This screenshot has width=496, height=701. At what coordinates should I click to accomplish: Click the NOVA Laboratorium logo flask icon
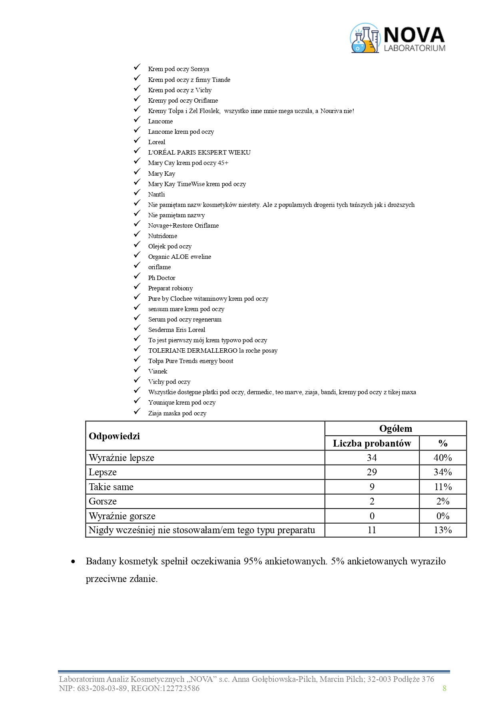tap(365, 39)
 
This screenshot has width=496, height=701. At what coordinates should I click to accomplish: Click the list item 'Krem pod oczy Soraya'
tap(178, 69)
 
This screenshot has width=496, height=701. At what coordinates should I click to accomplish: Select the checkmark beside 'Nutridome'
tap(137, 234)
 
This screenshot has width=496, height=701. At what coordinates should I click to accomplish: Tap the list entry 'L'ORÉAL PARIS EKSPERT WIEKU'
tap(199, 152)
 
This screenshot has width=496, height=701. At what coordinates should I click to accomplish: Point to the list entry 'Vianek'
tap(157, 371)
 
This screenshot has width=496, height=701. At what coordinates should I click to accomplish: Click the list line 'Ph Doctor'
tap(161, 278)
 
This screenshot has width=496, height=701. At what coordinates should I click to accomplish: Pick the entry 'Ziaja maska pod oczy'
tap(177, 413)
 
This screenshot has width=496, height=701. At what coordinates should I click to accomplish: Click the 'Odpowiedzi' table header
tap(114, 436)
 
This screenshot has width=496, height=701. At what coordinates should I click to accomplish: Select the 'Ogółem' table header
tap(395, 429)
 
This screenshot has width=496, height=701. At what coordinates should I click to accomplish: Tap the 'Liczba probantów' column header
tap(372, 443)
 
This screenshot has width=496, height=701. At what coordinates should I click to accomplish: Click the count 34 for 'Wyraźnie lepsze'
tap(372, 458)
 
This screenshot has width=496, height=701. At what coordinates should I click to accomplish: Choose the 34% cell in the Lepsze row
tap(442, 472)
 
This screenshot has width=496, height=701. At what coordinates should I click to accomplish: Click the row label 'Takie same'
tap(111, 487)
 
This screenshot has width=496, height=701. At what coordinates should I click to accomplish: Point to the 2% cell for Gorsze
tap(442, 501)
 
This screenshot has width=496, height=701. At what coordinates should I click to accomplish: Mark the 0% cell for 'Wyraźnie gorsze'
tap(442, 516)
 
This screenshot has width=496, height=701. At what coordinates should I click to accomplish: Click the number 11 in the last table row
tap(372, 530)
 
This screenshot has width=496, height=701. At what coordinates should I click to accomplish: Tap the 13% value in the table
tap(442, 530)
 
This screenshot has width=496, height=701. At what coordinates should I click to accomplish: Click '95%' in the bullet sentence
tap(253, 561)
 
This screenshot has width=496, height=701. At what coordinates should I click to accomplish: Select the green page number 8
tap(444, 688)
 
